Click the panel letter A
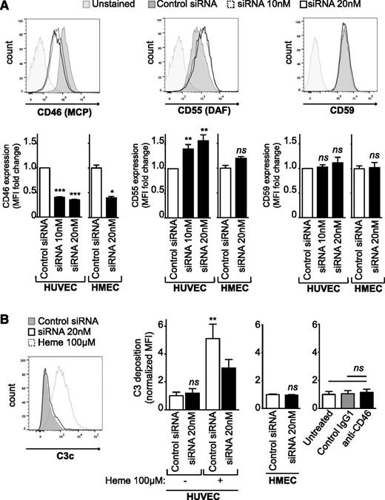(7, 7)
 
